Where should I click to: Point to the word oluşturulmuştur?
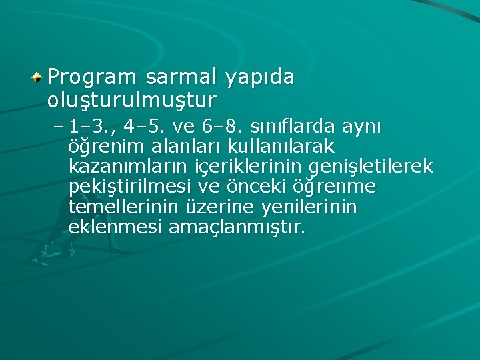[x=132, y=100]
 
